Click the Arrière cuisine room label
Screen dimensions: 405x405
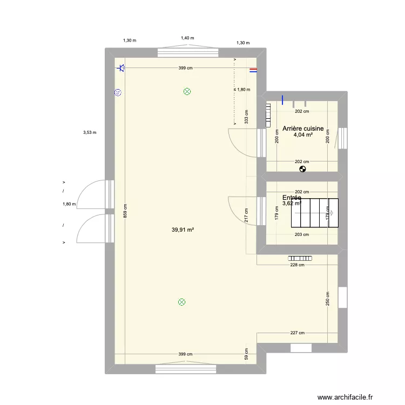pos(303,129)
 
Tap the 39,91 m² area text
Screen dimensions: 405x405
pos(183,230)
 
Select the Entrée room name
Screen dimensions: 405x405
pos(292,198)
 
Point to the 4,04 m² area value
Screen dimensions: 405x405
pos(303,136)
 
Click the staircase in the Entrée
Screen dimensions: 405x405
pos(315,213)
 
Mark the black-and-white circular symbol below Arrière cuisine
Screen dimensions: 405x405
pos(302,168)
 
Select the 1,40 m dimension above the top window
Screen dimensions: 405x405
pos(187,38)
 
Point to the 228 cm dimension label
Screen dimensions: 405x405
pos(298,265)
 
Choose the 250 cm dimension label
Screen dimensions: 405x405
pos(328,299)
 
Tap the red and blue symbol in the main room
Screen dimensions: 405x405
pos(253,70)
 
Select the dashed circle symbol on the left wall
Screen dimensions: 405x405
pos(117,93)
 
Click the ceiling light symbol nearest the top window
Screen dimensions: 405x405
pos(187,92)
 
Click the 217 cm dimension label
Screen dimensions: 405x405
pos(246,216)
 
